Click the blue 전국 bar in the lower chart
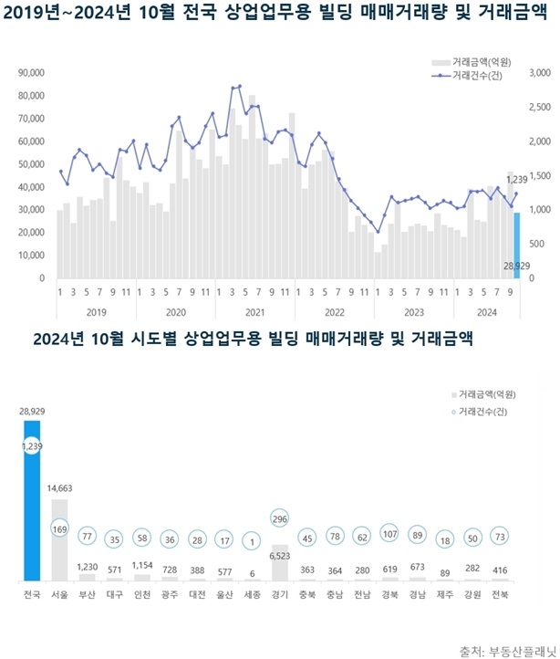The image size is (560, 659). click(x=33, y=511)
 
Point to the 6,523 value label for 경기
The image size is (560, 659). click(x=280, y=553)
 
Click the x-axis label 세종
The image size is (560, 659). click(x=253, y=596)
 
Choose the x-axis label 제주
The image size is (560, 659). click(x=444, y=596)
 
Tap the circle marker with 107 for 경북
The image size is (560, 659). click(x=389, y=535)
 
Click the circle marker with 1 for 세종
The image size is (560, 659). click(x=253, y=539)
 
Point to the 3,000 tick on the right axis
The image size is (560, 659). click(x=538, y=73)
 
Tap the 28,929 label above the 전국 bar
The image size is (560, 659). click(x=33, y=412)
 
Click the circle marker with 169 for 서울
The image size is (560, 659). click(x=60, y=528)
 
